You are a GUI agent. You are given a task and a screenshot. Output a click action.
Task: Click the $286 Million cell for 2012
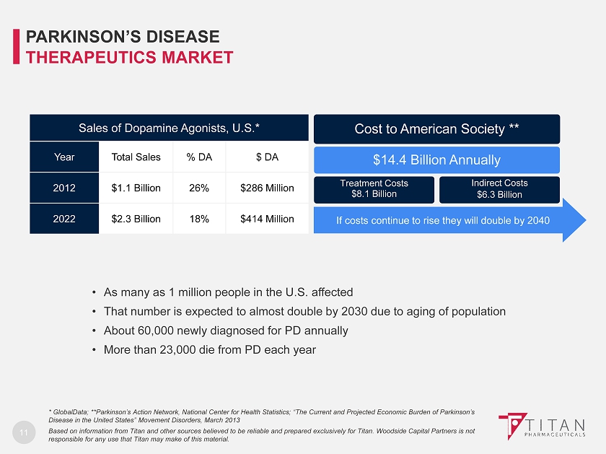pyautogui.click(x=267, y=188)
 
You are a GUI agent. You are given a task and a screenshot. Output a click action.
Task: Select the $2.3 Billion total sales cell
pyautogui.click(x=136, y=219)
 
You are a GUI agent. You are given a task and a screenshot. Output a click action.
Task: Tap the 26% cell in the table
pyautogui.click(x=198, y=188)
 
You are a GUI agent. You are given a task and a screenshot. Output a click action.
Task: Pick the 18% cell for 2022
pyautogui.click(x=198, y=219)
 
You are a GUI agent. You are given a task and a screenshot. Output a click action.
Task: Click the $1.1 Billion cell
pyautogui.click(x=136, y=188)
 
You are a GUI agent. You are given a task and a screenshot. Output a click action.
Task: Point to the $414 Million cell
pyautogui.click(x=267, y=219)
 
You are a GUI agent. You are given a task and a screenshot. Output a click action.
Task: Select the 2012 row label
pyautogui.click(x=63, y=188)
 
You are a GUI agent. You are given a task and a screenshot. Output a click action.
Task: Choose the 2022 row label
pyautogui.click(x=63, y=219)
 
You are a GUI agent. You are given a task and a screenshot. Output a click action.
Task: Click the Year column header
pyautogui.click(x=63, y=157)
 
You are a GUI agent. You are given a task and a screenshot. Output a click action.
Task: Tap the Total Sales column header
pyautogui.click(x=136, y=157)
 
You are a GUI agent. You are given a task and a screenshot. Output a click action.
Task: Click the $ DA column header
pyautogui.click(x=267, y=157)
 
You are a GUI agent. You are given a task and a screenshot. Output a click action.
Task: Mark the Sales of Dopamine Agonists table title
pyautogui.click(x=169, y=128)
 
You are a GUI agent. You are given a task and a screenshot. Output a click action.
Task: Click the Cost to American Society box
pyautogui.click(x=436, y=128)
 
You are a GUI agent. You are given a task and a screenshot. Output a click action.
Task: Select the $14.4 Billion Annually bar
pyautogui.click(x=436, y=160)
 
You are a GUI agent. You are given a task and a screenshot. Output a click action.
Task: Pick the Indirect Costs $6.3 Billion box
pyautogui.click(x=499, y=189)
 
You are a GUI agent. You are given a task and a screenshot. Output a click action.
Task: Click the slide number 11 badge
pyautogui.click(x=24, y=433)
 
